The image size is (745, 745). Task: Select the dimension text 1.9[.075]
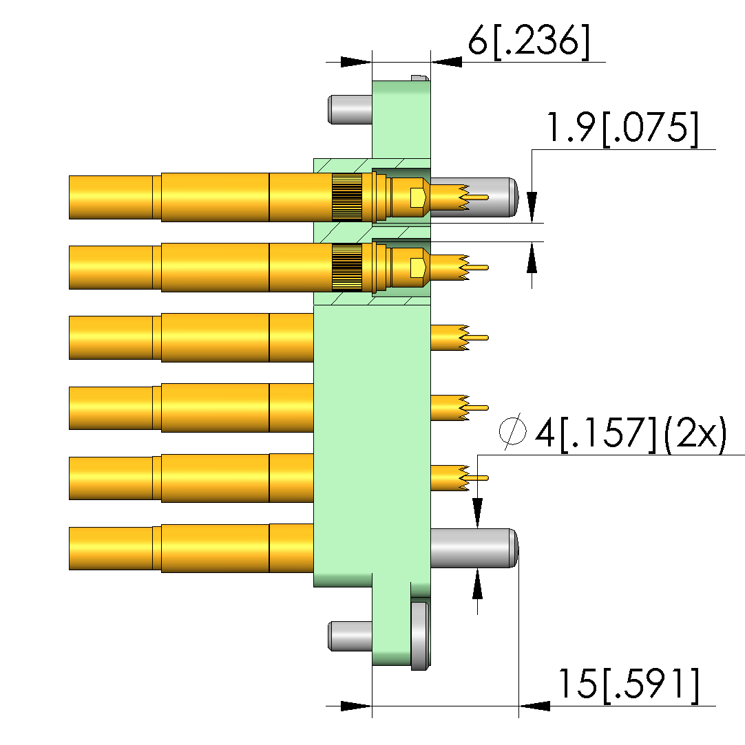tap(624, 128)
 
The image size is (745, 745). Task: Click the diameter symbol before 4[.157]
tap(512, 431)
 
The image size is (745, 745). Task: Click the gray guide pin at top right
tap(474, 197)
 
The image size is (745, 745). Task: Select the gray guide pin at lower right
tap(474, 548)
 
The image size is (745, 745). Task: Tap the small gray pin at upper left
tap(350, 110)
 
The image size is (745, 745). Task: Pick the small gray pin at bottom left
tap(350, 636)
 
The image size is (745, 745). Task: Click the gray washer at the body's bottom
tap(420, 636)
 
